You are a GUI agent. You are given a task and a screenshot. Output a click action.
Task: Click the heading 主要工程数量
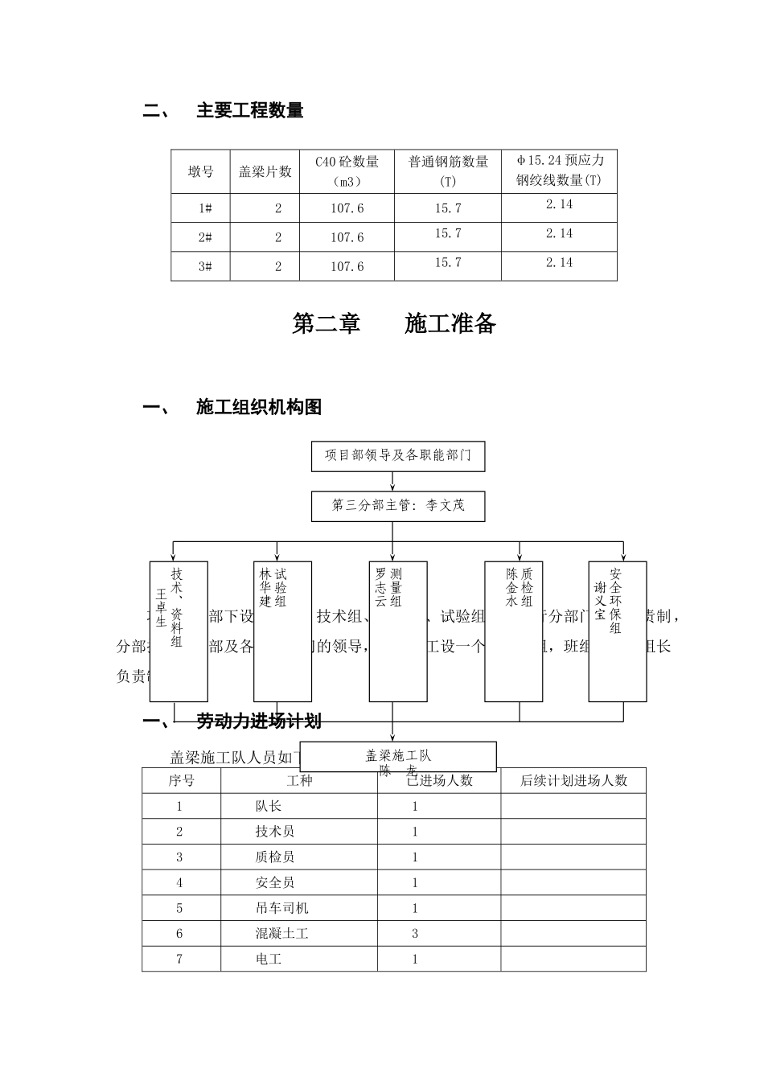pos(249,111)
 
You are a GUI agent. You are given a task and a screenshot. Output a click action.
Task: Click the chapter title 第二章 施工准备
pos(394,323)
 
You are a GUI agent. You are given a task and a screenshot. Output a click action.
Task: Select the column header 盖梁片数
pos(265,171)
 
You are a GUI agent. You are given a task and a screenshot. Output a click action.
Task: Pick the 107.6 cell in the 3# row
pos(347,266)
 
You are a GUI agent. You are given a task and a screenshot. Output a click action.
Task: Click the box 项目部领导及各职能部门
pos(398,455)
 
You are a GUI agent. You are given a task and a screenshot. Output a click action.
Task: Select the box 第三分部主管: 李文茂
pos(398,506)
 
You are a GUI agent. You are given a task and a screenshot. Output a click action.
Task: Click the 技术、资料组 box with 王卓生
pos(179,631)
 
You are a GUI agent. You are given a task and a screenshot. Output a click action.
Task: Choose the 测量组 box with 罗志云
pos(397,631)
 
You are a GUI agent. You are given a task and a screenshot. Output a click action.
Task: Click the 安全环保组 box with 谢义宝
pos(617,631)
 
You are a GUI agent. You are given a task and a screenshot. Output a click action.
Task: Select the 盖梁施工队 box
pos(398,757)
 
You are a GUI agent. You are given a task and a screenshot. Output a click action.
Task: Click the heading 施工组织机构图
pos(258,408)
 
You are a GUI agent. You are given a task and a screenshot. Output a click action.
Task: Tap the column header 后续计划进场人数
pos(573,780)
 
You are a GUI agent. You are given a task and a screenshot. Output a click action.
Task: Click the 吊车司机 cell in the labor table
pos(281,908)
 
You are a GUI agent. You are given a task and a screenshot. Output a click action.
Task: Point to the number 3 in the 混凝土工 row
pos(415,934)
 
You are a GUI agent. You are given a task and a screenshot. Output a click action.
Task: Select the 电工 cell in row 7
pos(269,959)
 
